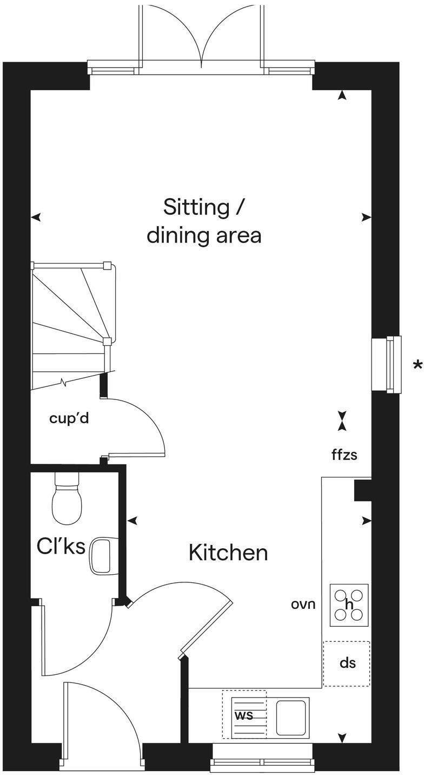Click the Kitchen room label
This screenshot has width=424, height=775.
pyautogui.click(x=228, y=553)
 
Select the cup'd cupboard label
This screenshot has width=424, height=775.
pyautogui.click(x=69, y=418)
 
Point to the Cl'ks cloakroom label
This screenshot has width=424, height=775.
pyautogui.click(x=61, y=547)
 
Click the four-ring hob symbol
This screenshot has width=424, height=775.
pyautogui.click(x=349, y=605)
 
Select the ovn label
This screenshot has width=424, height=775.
pyautogui.click(x=303, y=605)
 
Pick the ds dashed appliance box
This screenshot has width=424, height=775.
pyautogui.click(x=347, y=664)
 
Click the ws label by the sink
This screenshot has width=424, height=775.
pyautogui.click(x=243, y=714)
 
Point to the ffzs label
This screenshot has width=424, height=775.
pyautogui.click(x=345, y=455)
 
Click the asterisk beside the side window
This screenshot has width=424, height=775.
pyautogui.click(x=417, y=365)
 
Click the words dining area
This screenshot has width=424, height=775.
pyautogui.click(x=204, y=236)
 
